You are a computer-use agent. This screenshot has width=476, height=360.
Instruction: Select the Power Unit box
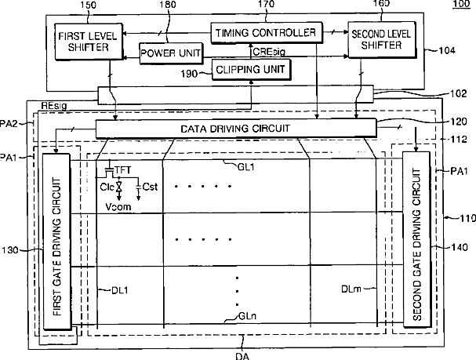(x=170, y=53)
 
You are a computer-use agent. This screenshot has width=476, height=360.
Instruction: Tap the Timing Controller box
(x=267, y=33)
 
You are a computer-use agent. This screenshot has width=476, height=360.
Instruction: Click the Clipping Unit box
(x=251, y=70)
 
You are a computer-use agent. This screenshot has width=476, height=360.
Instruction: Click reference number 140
(x=460, y=249)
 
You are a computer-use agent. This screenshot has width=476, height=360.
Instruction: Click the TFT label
(x=122, y=169)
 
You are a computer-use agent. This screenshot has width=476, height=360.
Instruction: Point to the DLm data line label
(x=351, y=289)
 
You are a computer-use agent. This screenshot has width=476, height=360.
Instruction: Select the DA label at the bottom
(x=243, y=355)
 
